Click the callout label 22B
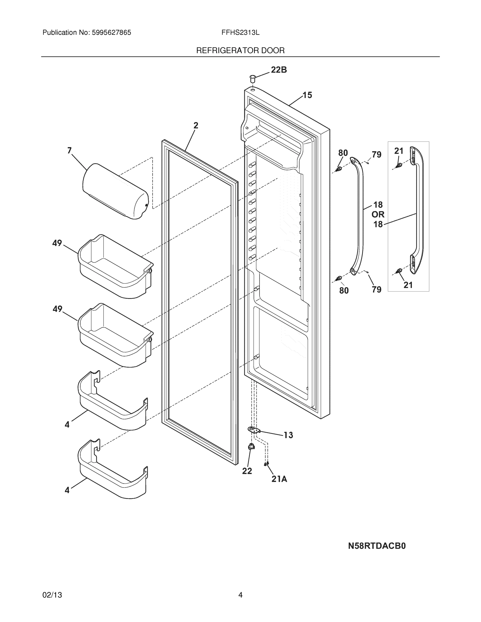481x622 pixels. click(278, 70)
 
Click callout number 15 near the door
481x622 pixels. click(307, 95)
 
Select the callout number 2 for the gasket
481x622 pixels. click(196, 125)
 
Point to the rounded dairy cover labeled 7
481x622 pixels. click(115, 191)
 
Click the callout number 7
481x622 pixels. click(69, 150)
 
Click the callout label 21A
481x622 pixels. click(279, 479)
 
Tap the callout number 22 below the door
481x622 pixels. click(247, 471)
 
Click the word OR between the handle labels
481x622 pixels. click(378, 214)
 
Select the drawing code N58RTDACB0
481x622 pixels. click(377, 546)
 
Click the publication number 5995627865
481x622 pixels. click(111, 33)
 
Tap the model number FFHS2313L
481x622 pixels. click(240, 33)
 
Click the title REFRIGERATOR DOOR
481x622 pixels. click(240, 51)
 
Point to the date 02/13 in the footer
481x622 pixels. click(52, 595)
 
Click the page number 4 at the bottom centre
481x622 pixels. click(240, 595)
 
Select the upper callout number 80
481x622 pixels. click(343, 153)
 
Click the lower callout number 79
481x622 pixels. click(377, 290)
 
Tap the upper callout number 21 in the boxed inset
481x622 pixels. click(399, 151)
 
